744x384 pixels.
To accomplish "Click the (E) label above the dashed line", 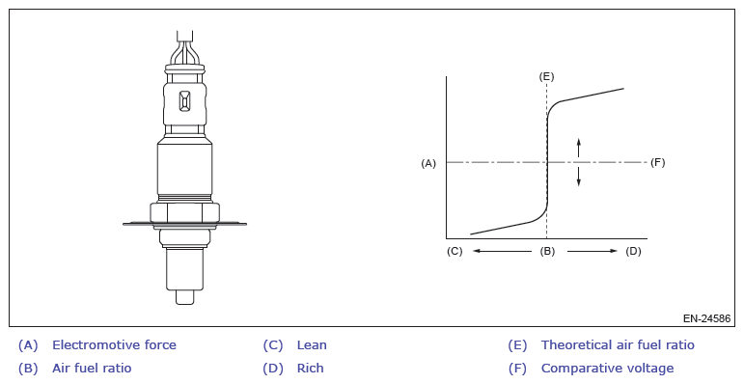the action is coord(546,77).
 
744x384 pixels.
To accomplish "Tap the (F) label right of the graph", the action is coord(658,162).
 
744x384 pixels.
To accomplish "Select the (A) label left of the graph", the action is coord(428,163).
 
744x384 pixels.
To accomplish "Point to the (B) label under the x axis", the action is coord(547,251).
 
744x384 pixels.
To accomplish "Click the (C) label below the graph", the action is coord(455,251).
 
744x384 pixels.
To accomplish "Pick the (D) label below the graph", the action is coord(633,251).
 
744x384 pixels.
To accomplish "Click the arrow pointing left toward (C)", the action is coord(502,251).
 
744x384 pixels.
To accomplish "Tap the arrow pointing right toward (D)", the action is coord(592,251).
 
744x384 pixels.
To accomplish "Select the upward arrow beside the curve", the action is coord(578,148).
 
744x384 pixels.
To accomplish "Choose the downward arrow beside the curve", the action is coord(578,177).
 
